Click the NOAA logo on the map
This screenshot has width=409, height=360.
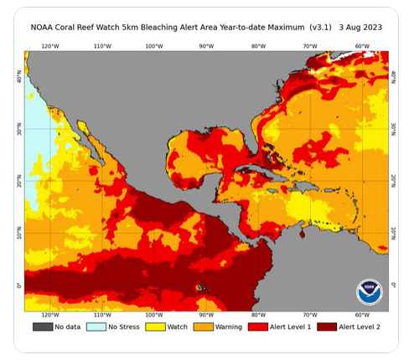(x=369, y=291)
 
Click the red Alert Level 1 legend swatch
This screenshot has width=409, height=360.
(x=253, y=327)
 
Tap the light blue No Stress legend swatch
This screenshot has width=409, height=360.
(x=96, y=327)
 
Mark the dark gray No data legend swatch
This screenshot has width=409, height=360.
(x=43, y=327)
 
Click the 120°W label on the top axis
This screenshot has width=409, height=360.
(x=49, y=46)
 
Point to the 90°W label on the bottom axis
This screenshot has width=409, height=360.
(x=206, y=316)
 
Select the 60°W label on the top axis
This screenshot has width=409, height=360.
(x=363, y=46)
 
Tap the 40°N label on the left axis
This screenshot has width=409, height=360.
(x=18, y=77)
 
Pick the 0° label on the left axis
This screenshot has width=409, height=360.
(x=18, y=286)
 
